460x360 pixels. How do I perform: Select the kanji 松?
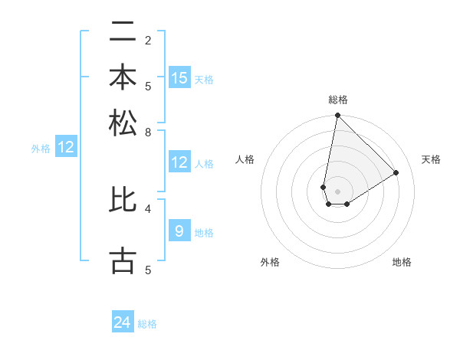123,123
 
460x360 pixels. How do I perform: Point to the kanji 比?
123,199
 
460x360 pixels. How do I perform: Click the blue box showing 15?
179,77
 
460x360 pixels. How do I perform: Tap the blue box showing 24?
123,322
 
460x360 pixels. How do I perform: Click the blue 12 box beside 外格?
66,147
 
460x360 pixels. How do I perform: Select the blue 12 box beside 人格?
179,162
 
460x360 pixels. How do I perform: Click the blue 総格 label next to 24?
147,324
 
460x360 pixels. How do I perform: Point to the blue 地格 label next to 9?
204,233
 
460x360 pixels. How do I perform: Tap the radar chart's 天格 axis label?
431,159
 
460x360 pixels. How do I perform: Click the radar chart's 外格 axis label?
270,262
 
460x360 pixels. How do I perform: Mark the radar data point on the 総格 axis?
337,116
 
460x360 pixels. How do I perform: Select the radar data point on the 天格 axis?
396,172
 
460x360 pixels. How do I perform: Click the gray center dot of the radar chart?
337,191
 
